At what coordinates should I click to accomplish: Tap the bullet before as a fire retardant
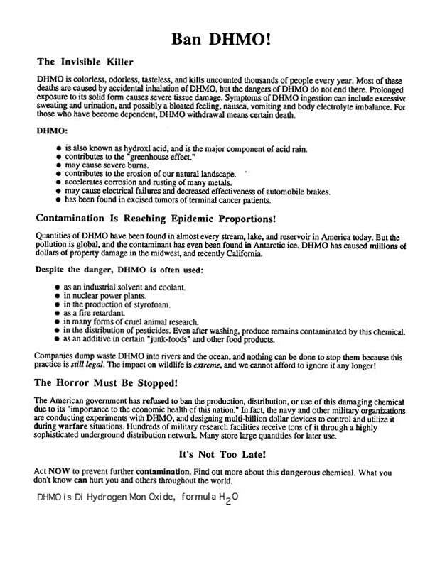coord(58,312)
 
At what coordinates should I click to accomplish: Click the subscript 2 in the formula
coord(228,503)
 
